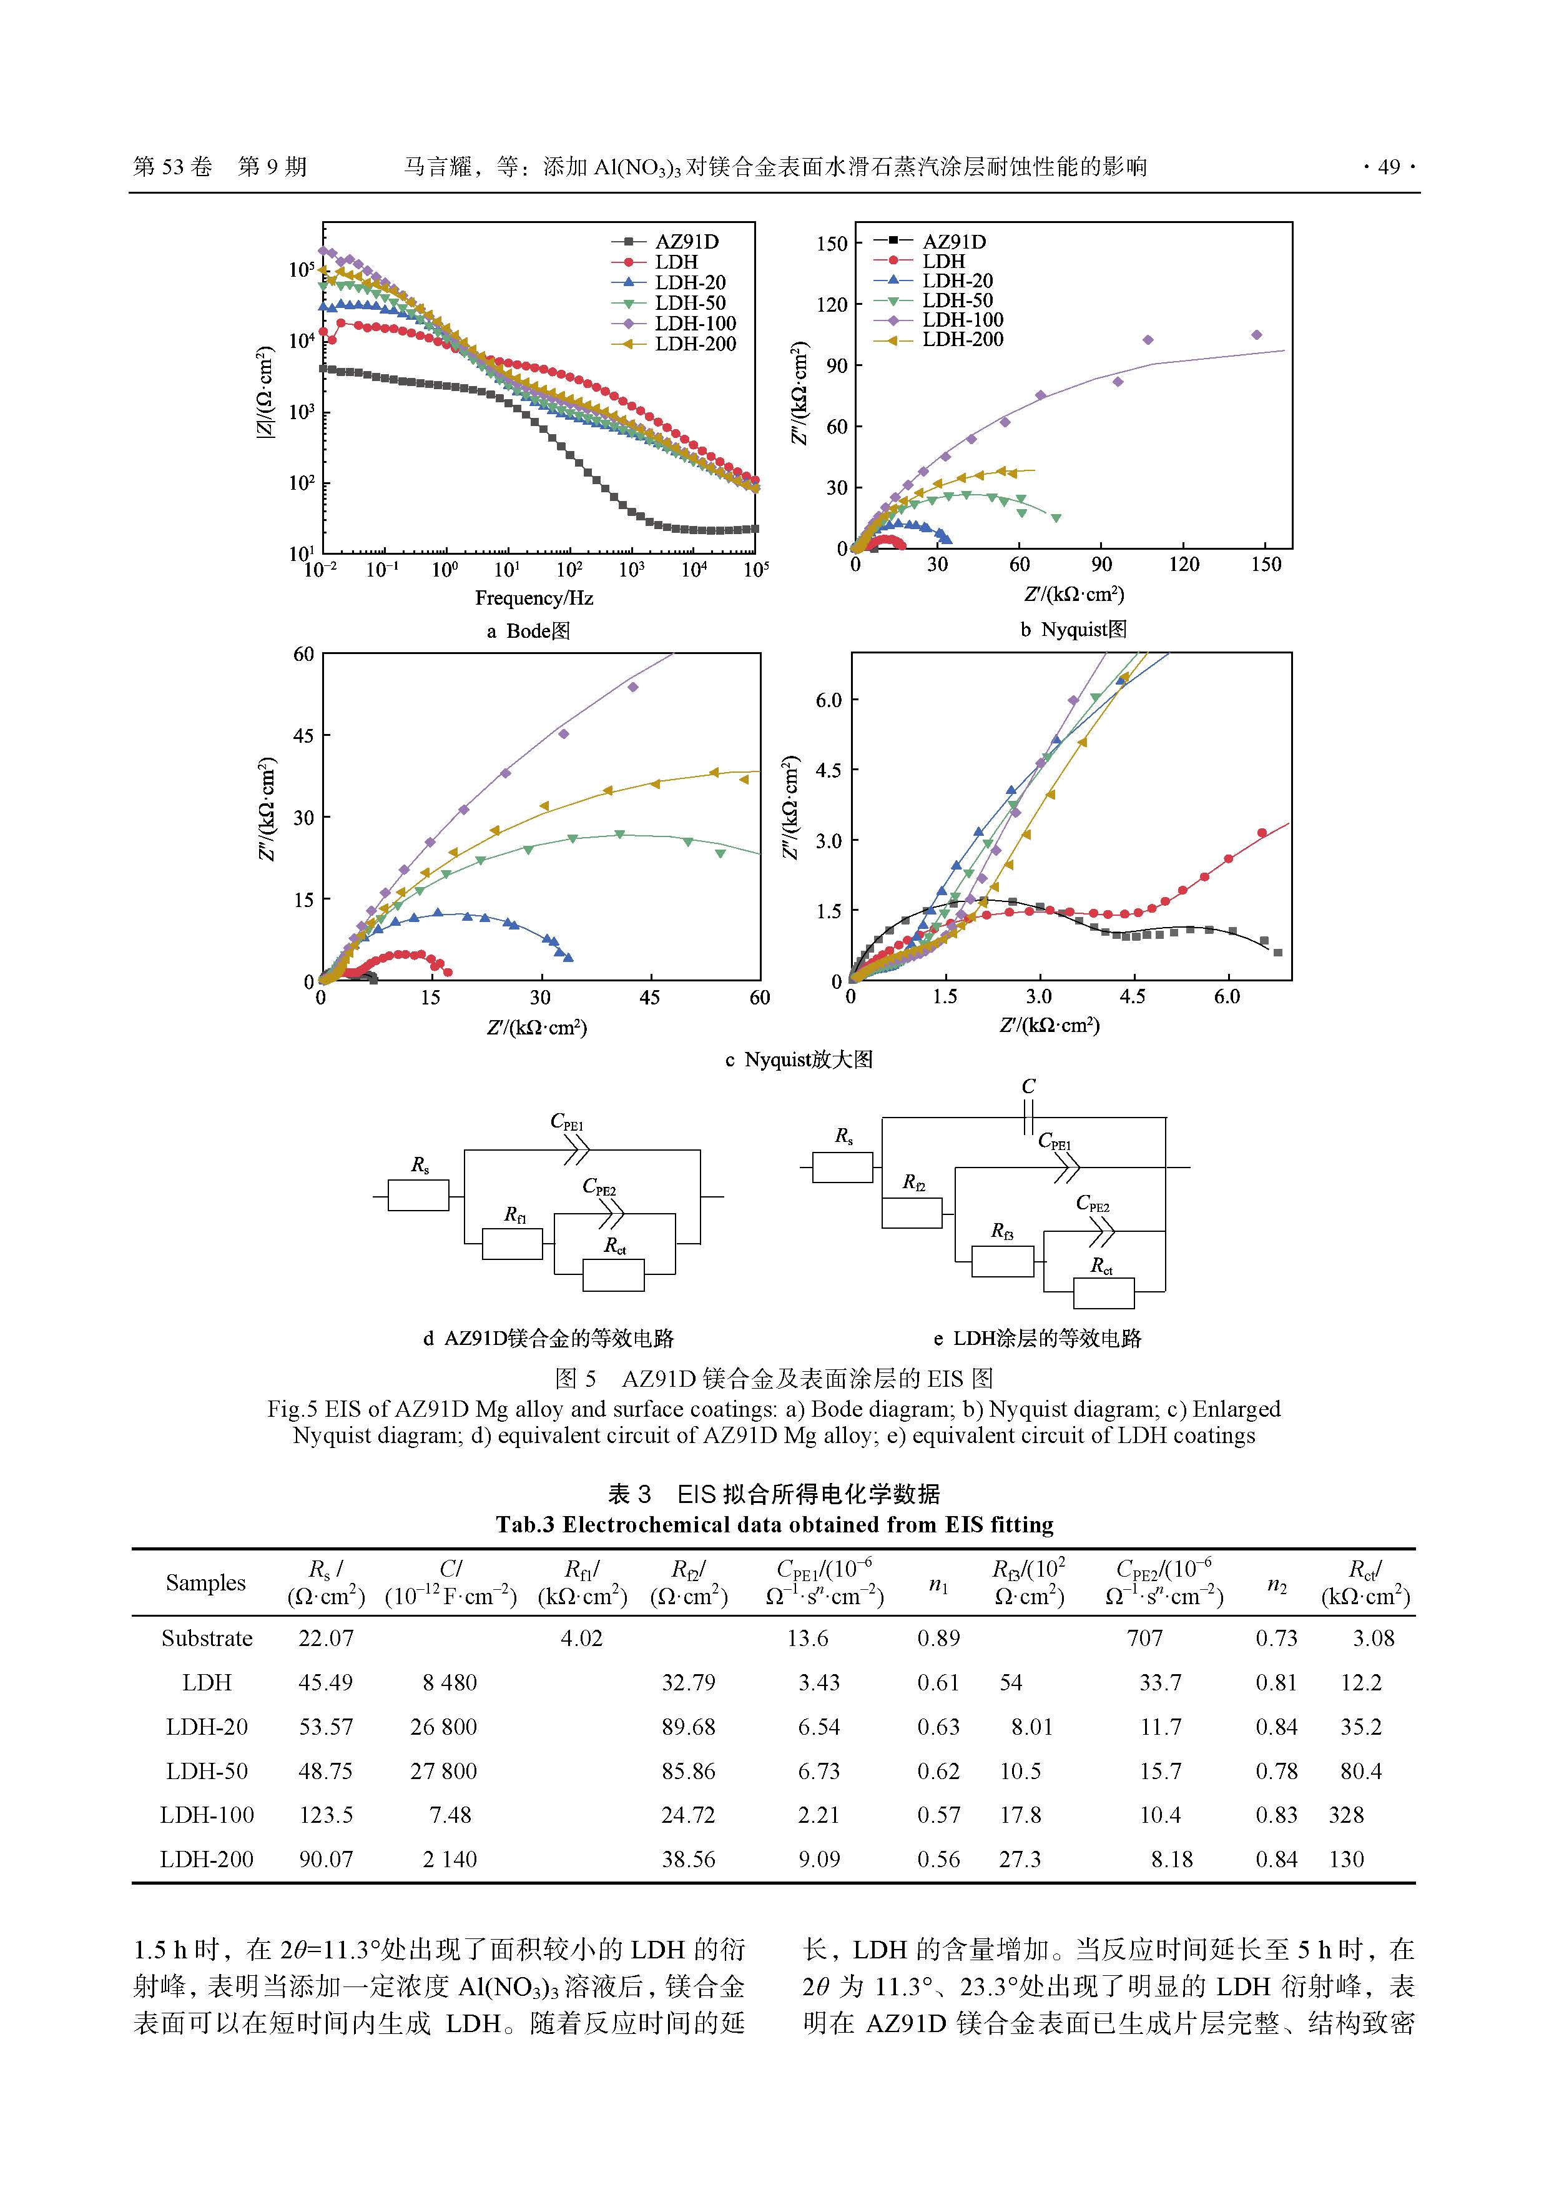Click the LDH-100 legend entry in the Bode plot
click(695, 324)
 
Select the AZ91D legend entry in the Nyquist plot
click(953, 242)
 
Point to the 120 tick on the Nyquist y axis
click(831, 305)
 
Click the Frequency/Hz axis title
click(534, 598)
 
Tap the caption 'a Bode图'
click(528, 631)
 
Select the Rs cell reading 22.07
click(325, 1639)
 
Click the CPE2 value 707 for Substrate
click(1144, 1639)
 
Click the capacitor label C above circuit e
click(1028, 1086)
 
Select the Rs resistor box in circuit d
click(418, 1195)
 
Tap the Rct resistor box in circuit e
click(1103, 1292)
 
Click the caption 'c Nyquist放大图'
click(799, 1059)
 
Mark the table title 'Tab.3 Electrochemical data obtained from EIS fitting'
click(774, 1525)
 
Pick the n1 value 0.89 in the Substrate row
click(938, 1639)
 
